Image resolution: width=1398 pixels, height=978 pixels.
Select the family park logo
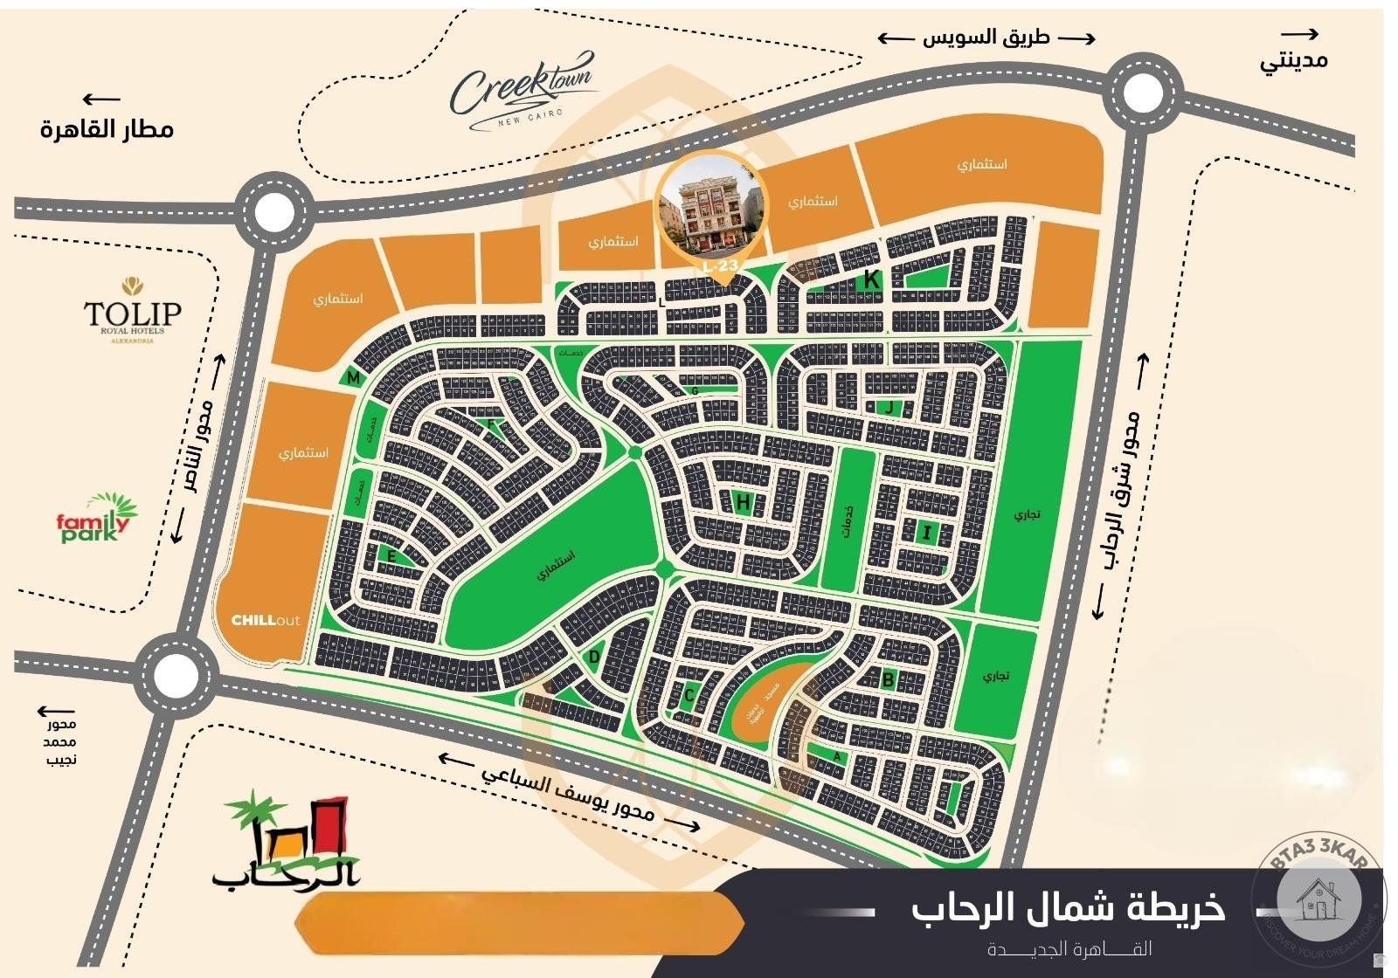97,520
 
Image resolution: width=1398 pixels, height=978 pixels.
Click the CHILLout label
265,621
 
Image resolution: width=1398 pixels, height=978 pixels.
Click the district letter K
870,280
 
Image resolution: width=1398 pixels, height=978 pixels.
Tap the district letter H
743,502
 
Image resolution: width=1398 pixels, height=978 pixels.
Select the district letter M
353,378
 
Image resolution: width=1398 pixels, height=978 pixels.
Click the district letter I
927,532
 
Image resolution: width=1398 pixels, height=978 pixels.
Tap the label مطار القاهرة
107,129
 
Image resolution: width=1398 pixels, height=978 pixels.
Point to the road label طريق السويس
986,38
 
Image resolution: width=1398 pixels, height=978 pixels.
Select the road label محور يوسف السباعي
568,789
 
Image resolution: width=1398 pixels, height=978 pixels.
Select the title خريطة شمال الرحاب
1068,908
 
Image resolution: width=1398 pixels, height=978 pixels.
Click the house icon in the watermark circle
1318,899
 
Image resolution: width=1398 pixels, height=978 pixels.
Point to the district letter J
888,407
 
